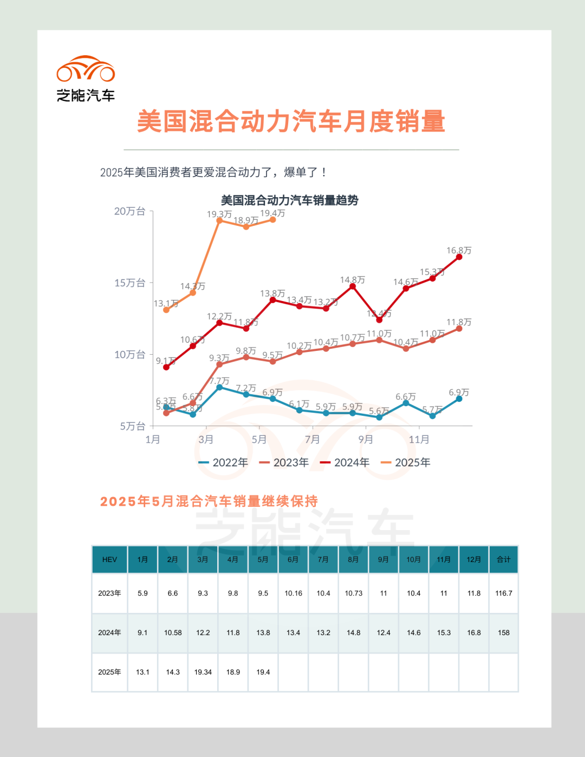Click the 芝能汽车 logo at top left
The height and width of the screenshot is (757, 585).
tap(86, 79)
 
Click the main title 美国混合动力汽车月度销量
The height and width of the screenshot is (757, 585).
tap(291, 121)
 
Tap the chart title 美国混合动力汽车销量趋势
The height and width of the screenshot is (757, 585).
tap(290, 200)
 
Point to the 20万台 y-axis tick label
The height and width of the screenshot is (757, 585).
tap(129, 211)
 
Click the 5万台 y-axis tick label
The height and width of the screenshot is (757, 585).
tap(132, 426)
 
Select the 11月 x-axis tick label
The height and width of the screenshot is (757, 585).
tap(419, 439)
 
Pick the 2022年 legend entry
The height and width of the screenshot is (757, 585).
tap(224, 462)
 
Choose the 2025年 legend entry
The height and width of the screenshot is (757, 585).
tap(406, 462)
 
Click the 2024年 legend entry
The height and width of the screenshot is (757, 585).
tap(345, 462)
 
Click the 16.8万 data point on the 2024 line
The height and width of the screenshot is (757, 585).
tap(459, 257)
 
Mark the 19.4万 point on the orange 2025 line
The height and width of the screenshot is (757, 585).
tap(272, 220)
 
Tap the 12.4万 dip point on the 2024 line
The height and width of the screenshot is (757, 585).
tap(379, 320)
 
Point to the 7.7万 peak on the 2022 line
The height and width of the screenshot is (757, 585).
tap(219, 388)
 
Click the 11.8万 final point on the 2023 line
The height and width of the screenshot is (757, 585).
tap(459, 329)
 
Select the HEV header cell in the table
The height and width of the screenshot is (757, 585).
tap(109, 559)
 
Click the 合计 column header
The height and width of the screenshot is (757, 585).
tap(504, 559)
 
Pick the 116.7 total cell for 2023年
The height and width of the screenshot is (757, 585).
tap(504, 593)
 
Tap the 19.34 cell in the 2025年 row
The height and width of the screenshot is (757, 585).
tap(203, 672)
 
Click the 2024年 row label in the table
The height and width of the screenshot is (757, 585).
tap(109, 632)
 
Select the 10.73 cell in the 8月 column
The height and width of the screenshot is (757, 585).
tap(354, 593)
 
